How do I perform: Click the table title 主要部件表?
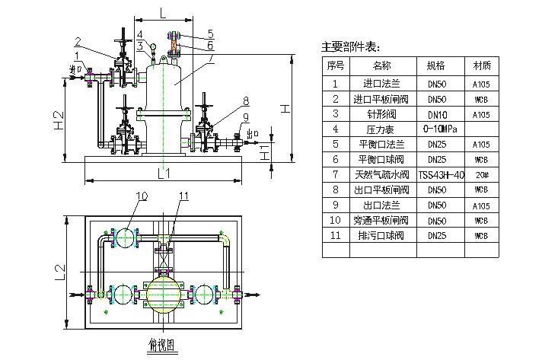pos(350,47)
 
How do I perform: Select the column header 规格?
pos(435,65)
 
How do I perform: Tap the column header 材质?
pos(481,65)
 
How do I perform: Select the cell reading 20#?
pos(481,175)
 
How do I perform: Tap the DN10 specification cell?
pos(435,113)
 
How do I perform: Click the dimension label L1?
pos(164,174)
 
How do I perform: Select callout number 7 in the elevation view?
pos(210,58)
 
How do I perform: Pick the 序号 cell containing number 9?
pos(336,205)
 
